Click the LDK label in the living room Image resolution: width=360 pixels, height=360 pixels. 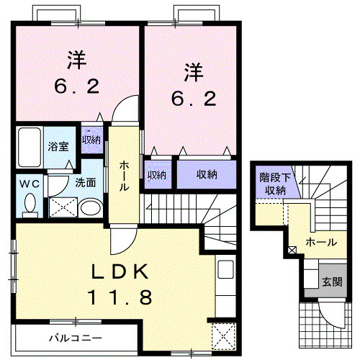(119, 272)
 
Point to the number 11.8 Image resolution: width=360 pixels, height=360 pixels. (119, 297)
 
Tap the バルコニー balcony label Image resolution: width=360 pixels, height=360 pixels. (75, 337)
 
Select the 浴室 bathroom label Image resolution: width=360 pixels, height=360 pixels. (58, 146)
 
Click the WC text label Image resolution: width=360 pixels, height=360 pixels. (28, 184)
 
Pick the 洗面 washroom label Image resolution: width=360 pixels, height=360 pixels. (86, 183)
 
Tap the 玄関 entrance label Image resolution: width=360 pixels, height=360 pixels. (332, 280)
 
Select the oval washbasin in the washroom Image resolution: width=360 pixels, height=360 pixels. (91, 209)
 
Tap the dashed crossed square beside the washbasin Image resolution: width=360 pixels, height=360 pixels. (62, 207)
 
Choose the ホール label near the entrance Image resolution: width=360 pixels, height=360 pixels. (320, 243)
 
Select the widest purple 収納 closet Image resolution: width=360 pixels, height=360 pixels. (207, 174)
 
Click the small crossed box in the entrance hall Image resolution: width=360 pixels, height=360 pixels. (291, 251)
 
